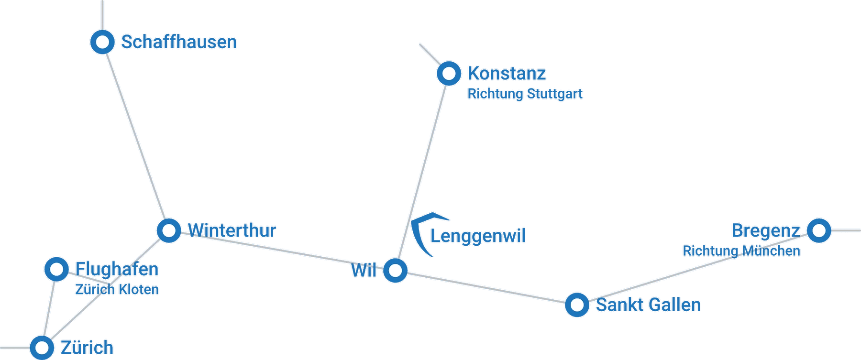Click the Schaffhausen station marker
tap(102, 42)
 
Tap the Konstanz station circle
tap(449, 74)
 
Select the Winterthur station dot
tap(168, 230)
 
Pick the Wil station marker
tap(395, 271)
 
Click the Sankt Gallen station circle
tap(577, 305)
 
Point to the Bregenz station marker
tap(818, 230)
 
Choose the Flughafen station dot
tap(56, 269)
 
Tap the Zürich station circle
tap(42, 347)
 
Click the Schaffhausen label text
tap(179, 42)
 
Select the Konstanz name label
tap(506, 74)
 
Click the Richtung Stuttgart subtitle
tap(525, 94)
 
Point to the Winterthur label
tap(232, 230)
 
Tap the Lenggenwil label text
tap(478, 236)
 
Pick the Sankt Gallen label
tap(648, 305)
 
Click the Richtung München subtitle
tap(741, 251)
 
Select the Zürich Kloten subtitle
tap(117, 290)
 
